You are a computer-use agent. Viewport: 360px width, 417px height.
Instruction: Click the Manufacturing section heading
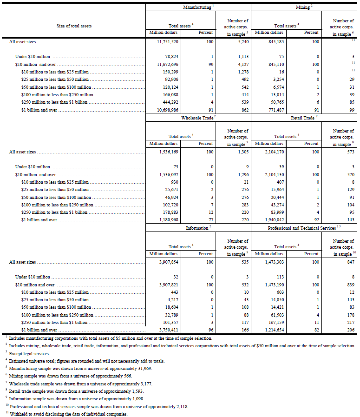tap(197, 8)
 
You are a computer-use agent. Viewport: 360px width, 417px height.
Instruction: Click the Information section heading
tap(197, 228)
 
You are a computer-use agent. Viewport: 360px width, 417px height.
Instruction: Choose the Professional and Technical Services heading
tap(301, 228)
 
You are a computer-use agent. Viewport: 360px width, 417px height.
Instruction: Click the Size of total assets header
tap(74, 26)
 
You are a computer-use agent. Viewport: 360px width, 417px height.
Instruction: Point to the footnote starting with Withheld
tap(67, 414)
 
